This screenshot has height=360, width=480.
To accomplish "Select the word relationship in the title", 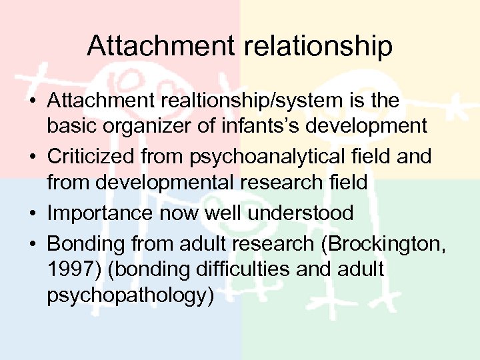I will coord(314,47).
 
